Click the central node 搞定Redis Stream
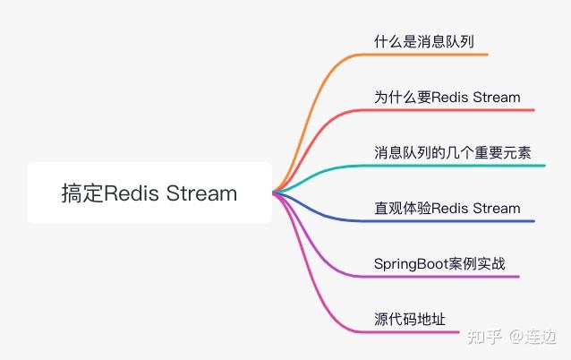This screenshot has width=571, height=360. (x=149, y=193)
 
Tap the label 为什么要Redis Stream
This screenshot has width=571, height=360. (x=447, y=97)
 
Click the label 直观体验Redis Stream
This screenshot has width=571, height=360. (x=447, y=208)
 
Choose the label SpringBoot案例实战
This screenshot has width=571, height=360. (x=439, y=263)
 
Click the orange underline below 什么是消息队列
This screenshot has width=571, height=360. (x=430, y=55)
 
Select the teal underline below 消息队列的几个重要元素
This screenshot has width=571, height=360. (x=456, y=166)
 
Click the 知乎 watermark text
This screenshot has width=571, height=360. (x=484, y=337)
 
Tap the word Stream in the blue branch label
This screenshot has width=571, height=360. (x=496, y=208)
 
